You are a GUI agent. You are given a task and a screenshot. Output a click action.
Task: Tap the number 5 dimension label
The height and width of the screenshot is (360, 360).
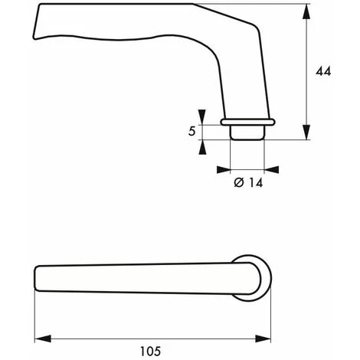point(191,131)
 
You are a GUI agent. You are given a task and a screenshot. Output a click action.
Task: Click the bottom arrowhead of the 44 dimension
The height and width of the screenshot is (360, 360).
point(308,135)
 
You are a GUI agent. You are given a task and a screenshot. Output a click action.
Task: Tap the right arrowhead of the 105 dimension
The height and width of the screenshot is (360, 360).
point(267,337)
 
